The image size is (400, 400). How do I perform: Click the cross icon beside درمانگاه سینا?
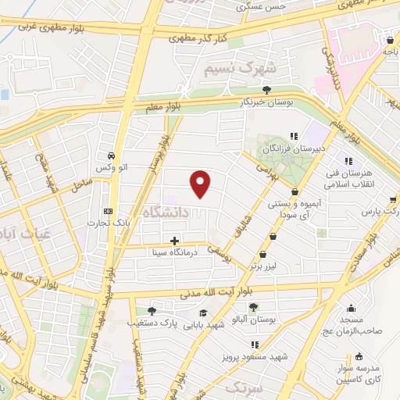[x=173, y=240]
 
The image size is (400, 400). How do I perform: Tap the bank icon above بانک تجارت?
[x=108, y=211]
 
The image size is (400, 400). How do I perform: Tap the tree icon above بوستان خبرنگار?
[x=267, y=89]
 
